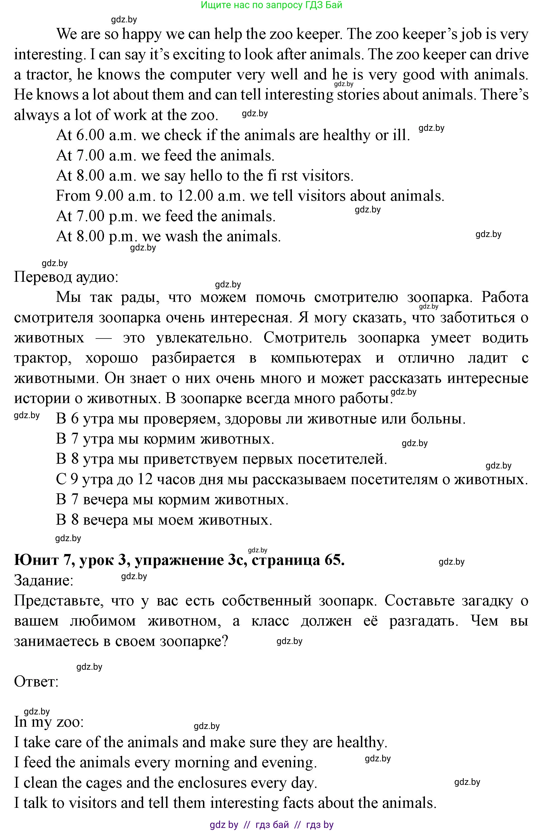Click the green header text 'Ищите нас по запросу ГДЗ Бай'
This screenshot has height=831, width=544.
tap(271, 5)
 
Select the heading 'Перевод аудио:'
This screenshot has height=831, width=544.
tap(66, 277)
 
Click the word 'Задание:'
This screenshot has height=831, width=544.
tap(44, 581)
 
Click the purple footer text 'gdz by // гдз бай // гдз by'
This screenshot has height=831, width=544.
tap(271, 825)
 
